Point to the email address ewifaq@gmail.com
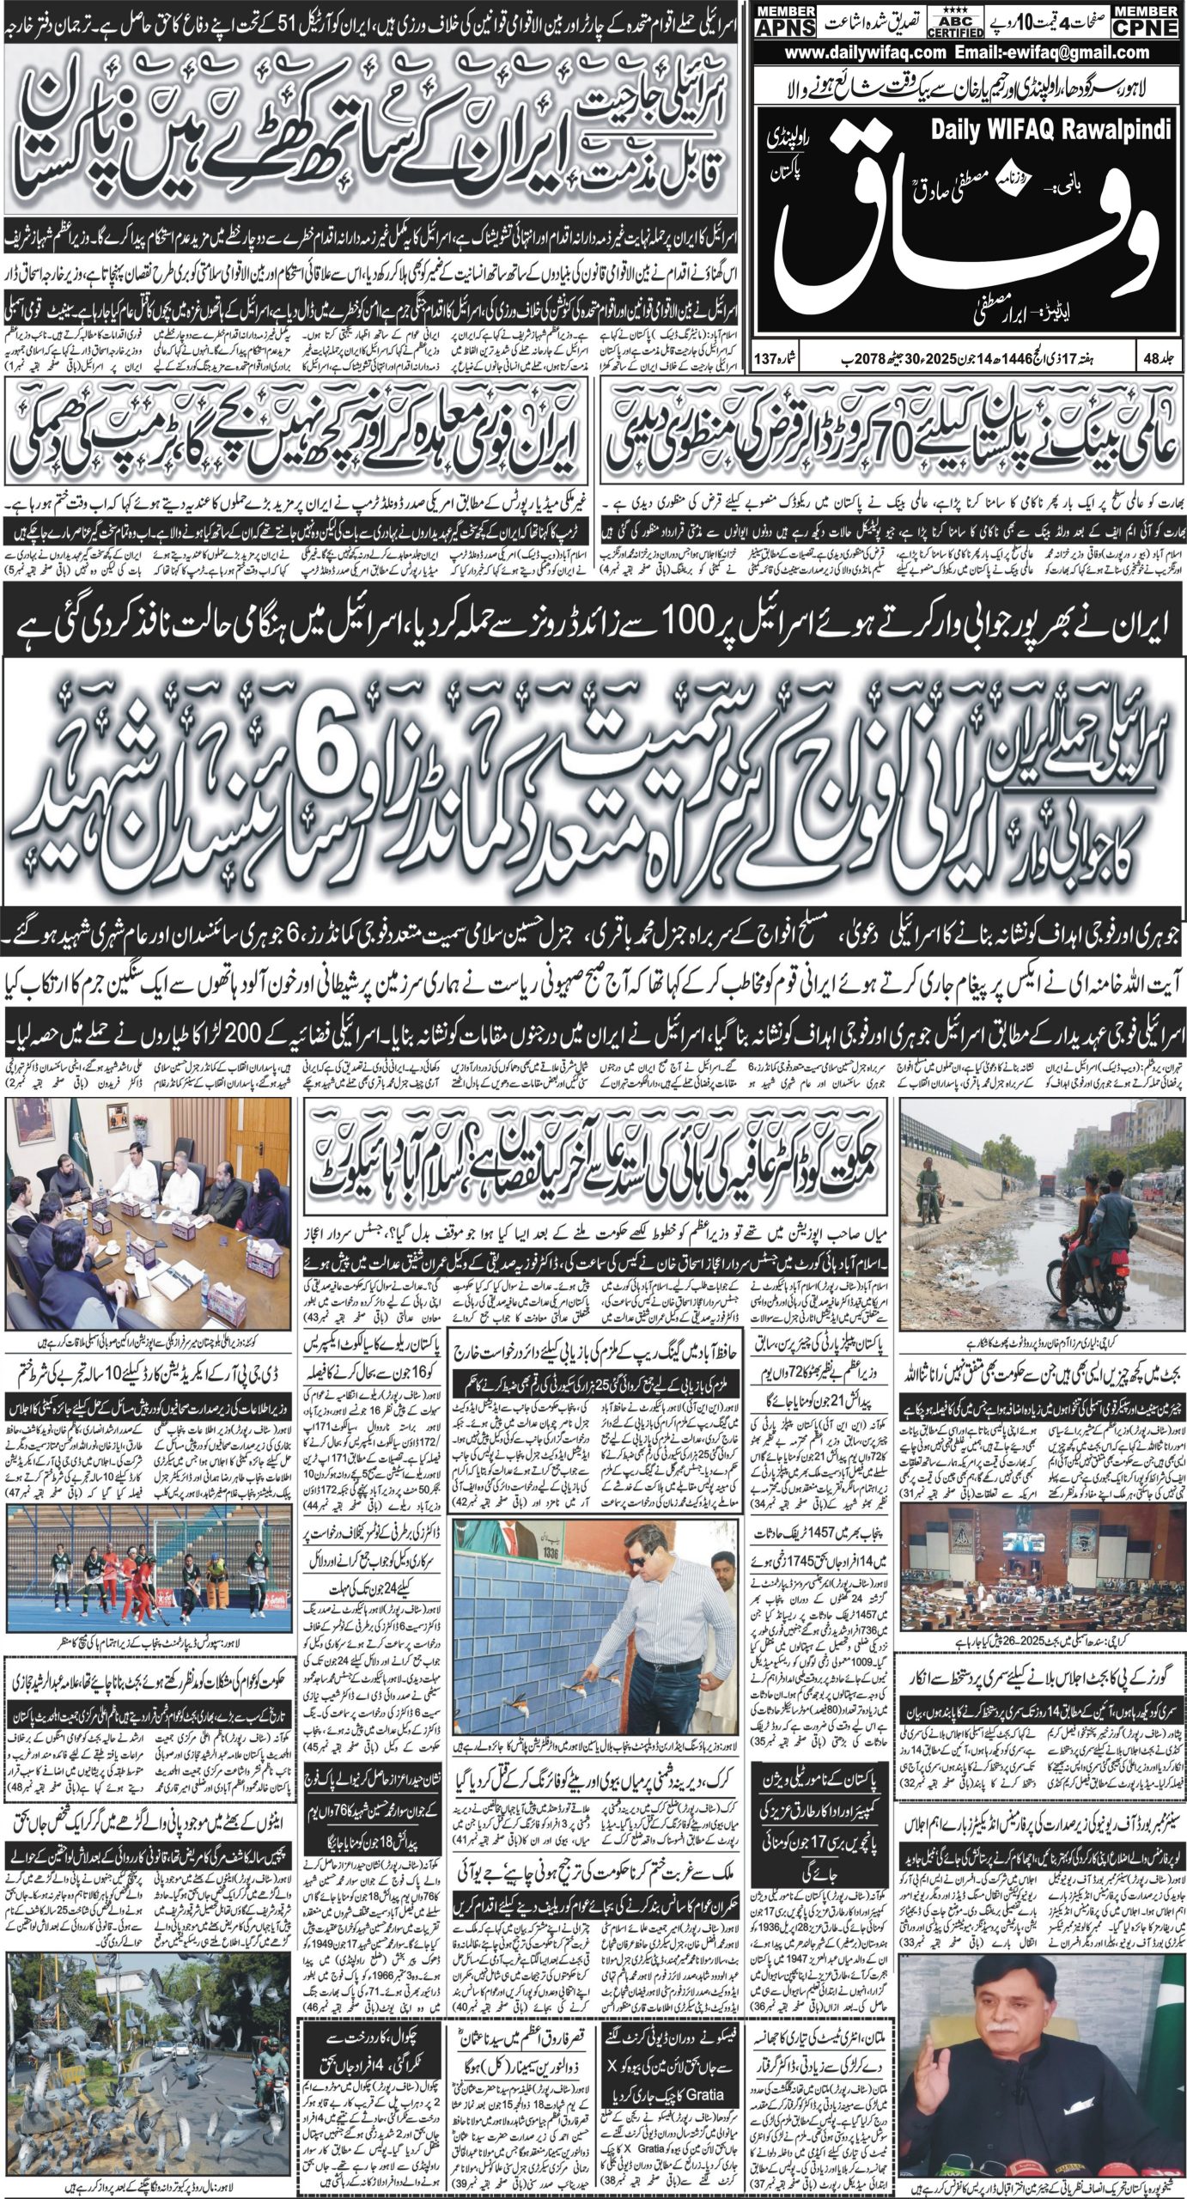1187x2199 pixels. pos(1065,52)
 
